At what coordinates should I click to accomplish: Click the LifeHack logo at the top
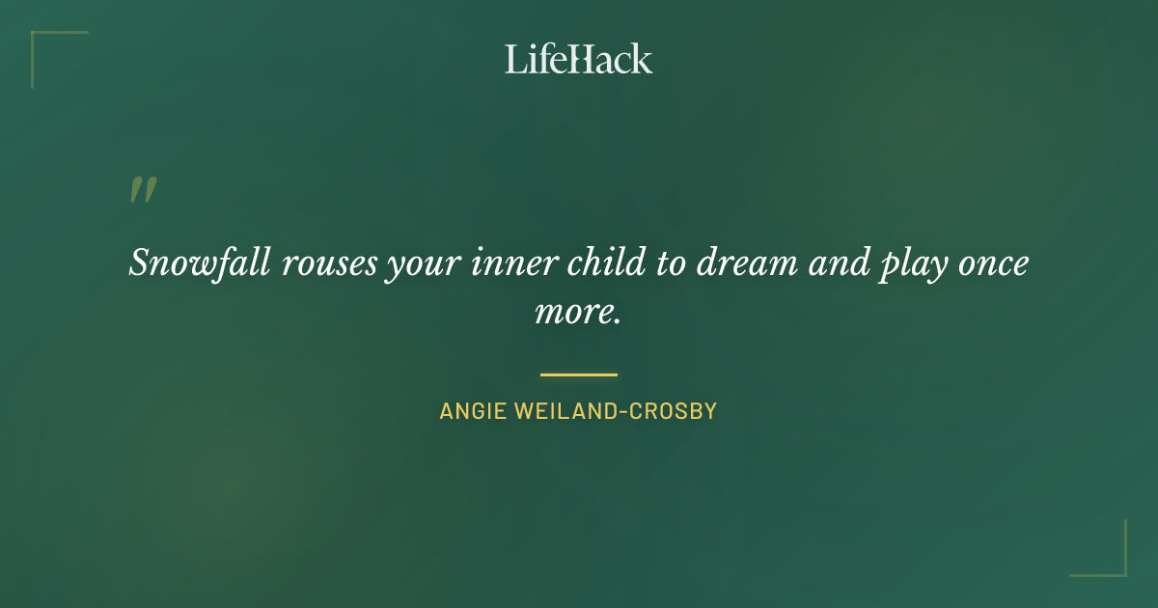[x=578, y=59]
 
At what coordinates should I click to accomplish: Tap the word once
[x=993, y=263]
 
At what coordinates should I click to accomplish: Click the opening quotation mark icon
[x=143, y=190]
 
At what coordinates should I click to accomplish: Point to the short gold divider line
[x=578, y=374]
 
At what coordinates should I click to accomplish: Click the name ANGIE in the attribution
[x=474, y=411]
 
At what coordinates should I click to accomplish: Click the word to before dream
[x=670, y=263]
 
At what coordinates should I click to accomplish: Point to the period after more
[x=616, y=320]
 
